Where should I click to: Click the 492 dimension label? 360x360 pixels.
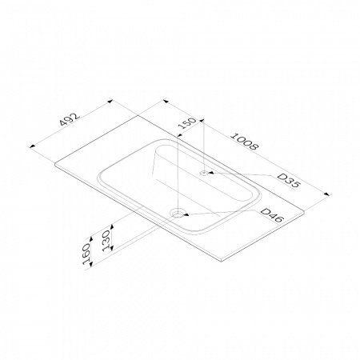click(70, 119)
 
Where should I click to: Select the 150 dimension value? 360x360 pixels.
click(187, 123)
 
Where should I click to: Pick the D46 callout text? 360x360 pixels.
click(271, 215)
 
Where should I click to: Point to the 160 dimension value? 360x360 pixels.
click(86, 254)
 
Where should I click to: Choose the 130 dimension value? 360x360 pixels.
click(106, 241)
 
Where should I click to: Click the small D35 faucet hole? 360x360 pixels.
click(205, 173)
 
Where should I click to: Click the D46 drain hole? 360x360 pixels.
click(178, 213)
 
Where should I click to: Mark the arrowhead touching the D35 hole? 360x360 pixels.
click(210, 173)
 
